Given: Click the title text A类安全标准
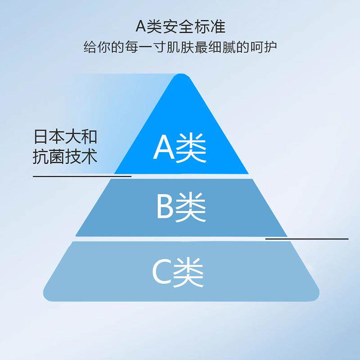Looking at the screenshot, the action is click(x=180, y=26).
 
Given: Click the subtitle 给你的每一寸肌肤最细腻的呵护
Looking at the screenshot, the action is click(x=180, y=47).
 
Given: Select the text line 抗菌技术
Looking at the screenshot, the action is click(x=65, y=157).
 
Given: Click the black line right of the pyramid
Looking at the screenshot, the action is click(x=306, y=238).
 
